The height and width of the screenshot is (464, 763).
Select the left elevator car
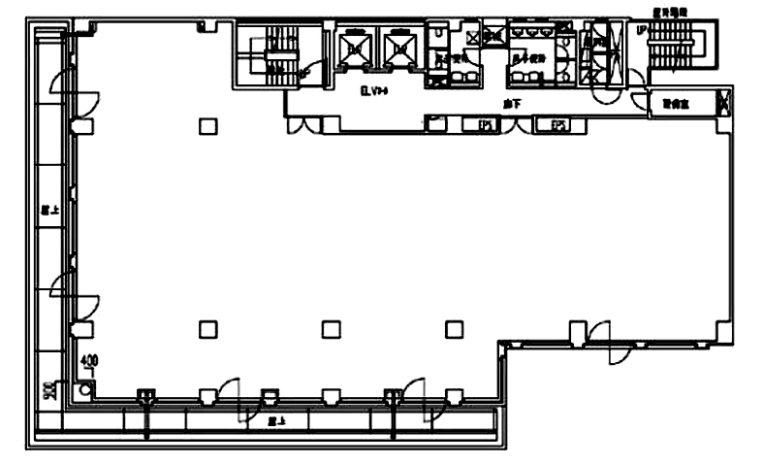click(353, 47)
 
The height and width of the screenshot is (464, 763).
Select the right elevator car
click(399, 47)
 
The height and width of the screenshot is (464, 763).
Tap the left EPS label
click(487, 124)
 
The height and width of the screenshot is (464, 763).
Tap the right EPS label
click(558, 124)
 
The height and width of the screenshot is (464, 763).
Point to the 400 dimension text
click(90, 365)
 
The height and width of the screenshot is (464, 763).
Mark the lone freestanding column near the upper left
click(207, 124)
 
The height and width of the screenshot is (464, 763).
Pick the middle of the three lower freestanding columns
click(330, 329)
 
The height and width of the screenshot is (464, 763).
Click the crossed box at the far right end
click(724, 101)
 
